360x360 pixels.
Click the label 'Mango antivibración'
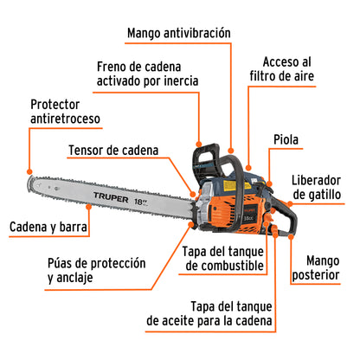178,33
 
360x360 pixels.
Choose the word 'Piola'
287,139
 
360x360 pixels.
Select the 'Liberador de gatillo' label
320,184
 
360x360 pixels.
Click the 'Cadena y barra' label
48,228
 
